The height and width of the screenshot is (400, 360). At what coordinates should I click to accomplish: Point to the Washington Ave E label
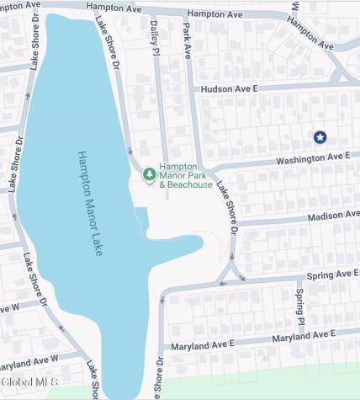[314, 157]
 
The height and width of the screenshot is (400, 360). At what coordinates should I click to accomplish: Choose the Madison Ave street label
[332, 216]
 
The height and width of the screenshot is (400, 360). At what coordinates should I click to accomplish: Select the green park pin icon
[149, 173]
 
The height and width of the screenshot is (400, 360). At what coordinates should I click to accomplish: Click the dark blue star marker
[320, 136]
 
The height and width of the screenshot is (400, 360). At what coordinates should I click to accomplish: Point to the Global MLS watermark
[29, 382]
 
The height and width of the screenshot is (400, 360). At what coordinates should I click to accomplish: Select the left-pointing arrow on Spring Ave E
[223, 284]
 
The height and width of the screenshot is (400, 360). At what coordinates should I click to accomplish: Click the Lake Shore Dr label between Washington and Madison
[227, 207]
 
